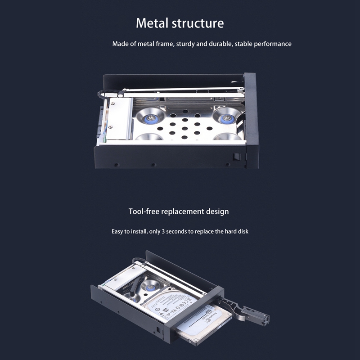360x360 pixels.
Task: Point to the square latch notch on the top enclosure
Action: coord(235,157)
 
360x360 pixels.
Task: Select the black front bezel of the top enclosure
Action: coord(251,121)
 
